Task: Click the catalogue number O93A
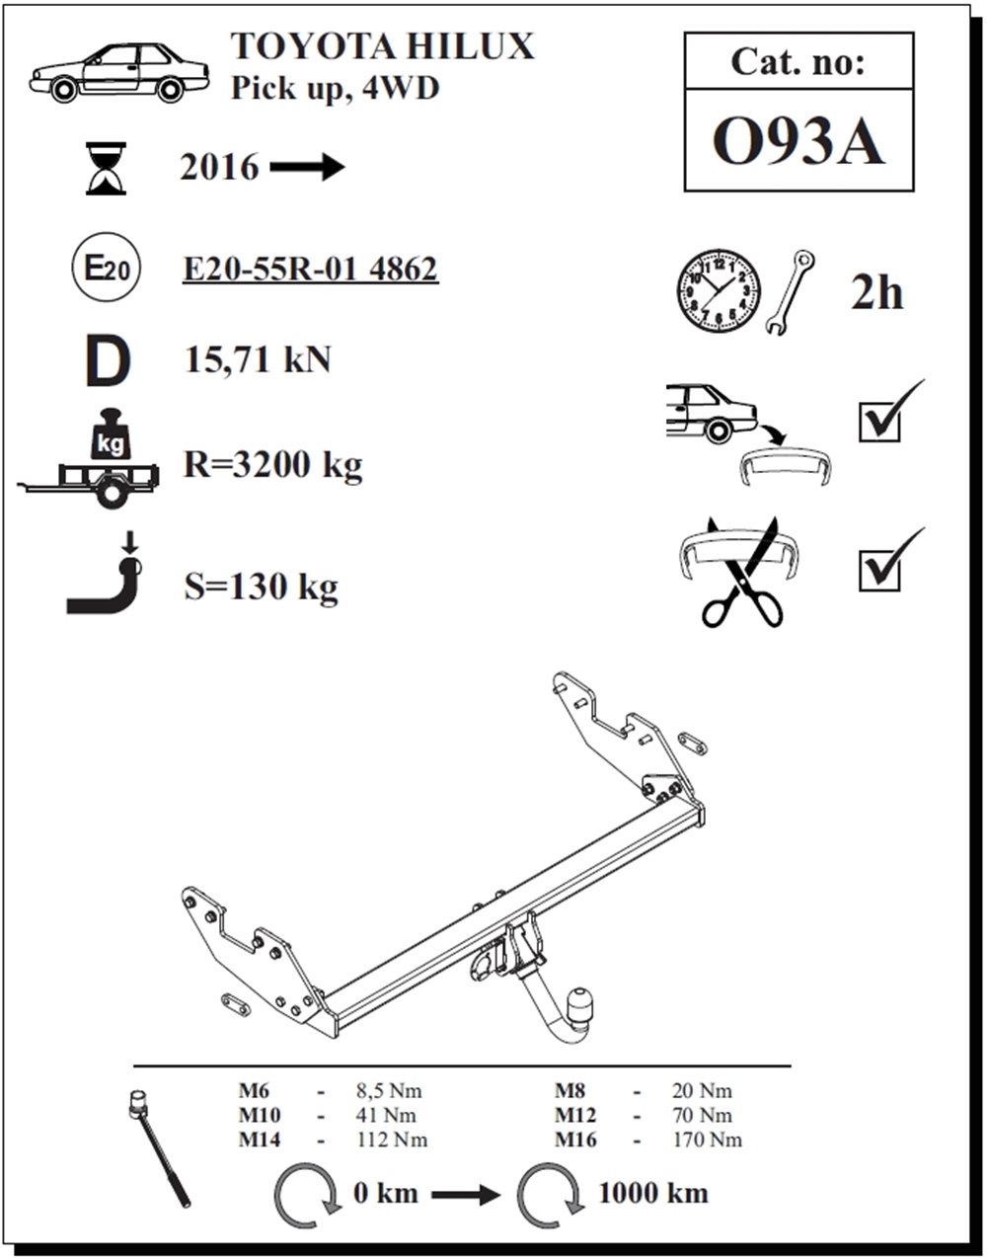(x=797, y=142)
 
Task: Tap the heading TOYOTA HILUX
(x=382, y=46)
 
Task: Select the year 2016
(x=219, y=168)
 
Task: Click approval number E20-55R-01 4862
(x=310, y=269)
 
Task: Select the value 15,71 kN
(x=258, y=360)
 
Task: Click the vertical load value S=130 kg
(x=261, y=588)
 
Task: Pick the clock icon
(x=719, y=291)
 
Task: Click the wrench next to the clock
(x=789, y=292)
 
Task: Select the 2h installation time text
(x=876, y=292)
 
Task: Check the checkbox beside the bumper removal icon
(x=879, y=422)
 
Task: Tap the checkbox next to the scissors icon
(x=879, y=570)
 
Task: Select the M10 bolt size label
(x=259, y=1116)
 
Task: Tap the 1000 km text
(x=652, y=1193)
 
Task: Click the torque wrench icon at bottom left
(x=160, y=1150)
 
